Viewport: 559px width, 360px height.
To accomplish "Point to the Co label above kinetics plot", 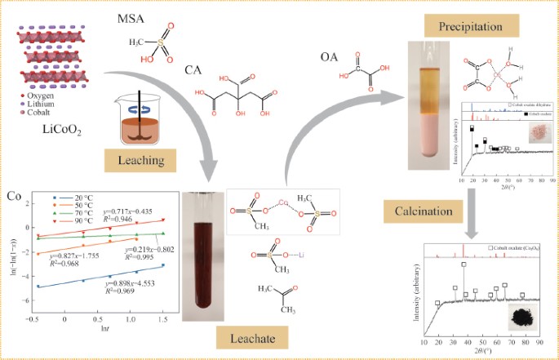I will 14,196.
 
